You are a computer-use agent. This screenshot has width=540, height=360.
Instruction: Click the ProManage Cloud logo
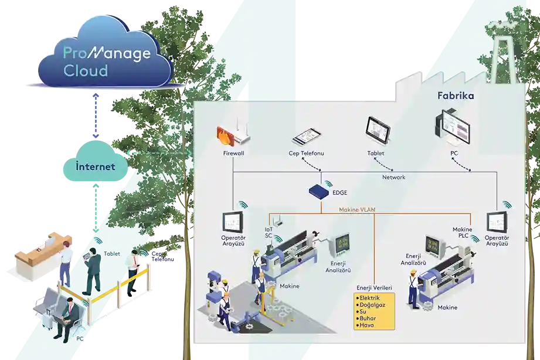[106, 60]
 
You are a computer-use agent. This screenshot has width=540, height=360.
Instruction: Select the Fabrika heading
[455, 95]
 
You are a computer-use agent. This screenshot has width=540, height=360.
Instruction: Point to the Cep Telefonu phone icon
[307, 137]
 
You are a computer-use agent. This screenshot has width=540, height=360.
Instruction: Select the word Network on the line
[393, 177]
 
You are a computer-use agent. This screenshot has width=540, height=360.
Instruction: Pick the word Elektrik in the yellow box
[370, 298]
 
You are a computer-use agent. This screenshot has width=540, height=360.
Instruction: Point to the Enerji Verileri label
[373, 287]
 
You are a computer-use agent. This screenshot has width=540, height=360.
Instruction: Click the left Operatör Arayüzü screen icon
[233, 222]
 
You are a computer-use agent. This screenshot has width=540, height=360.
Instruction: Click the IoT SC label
[269, 233]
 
